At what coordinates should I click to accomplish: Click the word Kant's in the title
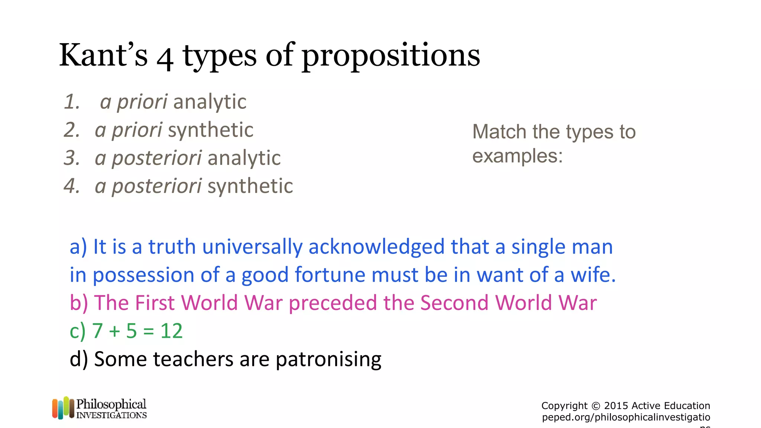coord(103,55)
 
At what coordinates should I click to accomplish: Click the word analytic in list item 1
coord(210,102)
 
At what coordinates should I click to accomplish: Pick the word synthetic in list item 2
coord(211,130)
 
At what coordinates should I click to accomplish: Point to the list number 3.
coord(71,158)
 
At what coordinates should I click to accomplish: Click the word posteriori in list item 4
coord(157,186)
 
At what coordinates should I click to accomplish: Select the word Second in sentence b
coord(454,303)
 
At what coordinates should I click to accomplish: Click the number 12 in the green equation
coord(171,331)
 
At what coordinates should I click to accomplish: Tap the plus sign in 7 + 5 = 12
coord(114,331)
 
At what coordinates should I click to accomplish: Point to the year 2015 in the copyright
coord(616,406)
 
